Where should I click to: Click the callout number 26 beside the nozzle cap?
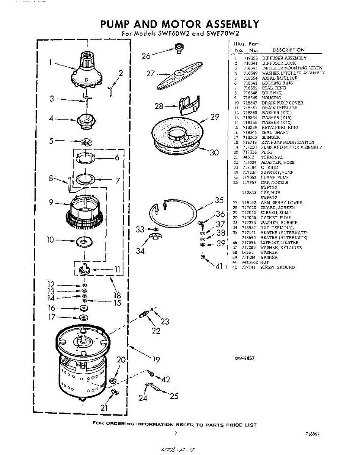146,56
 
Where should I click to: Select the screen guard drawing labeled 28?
188,105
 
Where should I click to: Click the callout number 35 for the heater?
219,201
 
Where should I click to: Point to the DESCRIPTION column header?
288,50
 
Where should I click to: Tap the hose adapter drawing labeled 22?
145,315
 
